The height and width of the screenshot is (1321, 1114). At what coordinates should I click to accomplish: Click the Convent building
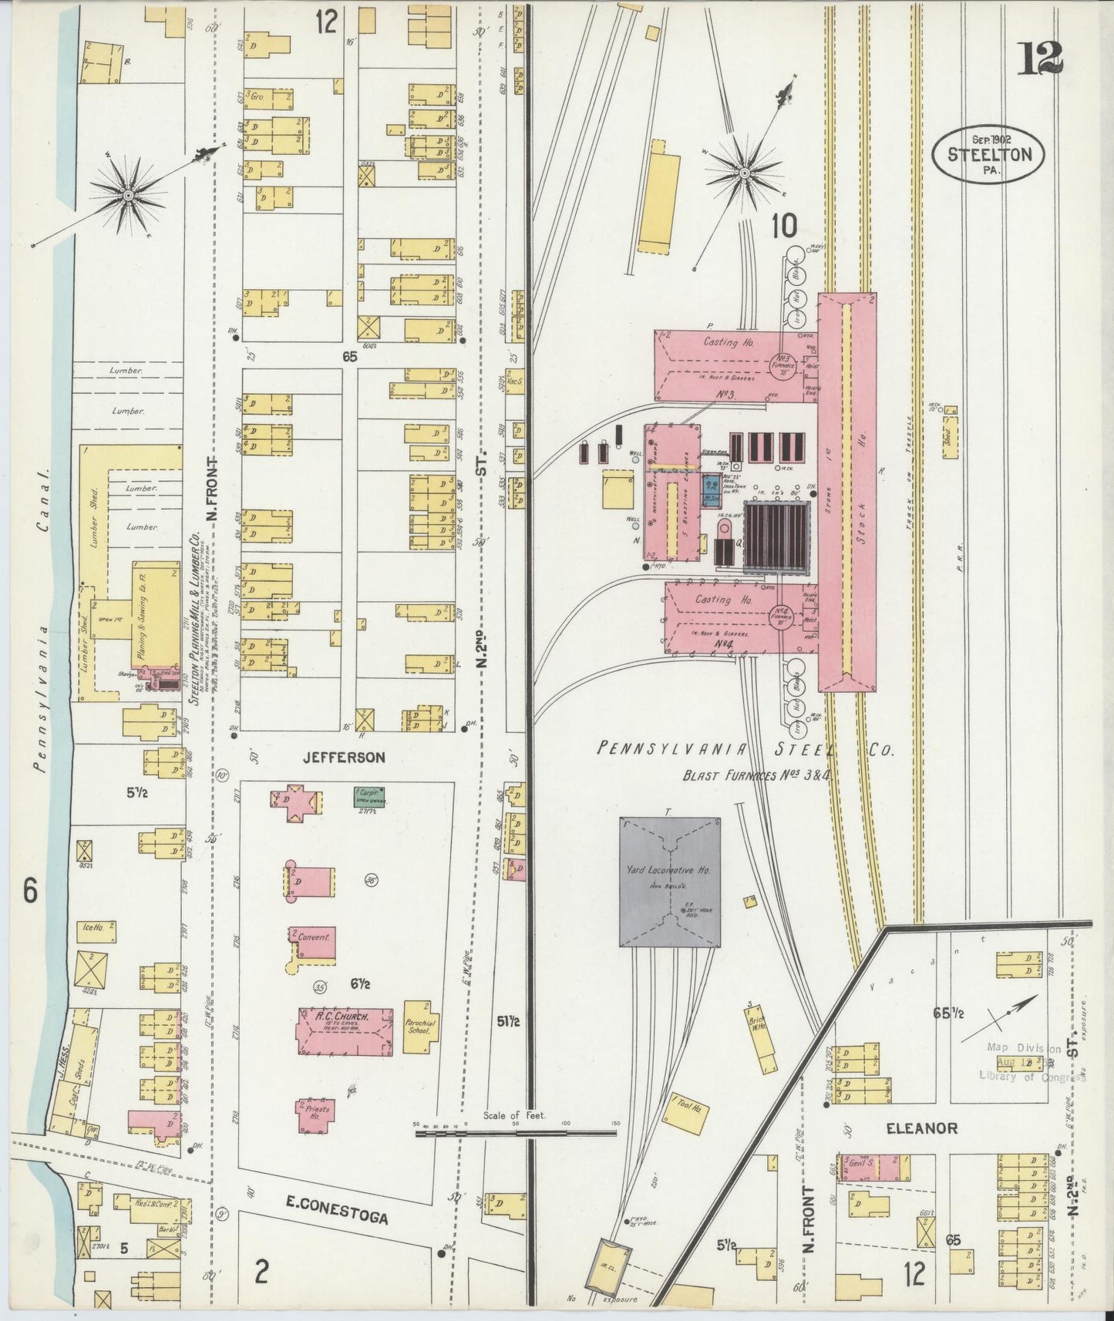click(x=312, y=943)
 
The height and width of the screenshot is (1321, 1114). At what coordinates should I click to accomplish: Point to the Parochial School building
click(x=421, y=1024)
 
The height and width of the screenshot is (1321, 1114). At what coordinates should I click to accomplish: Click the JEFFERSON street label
click(x=344, y=758)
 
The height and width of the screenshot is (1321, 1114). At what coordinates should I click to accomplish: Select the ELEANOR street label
click(x=921, y=1128)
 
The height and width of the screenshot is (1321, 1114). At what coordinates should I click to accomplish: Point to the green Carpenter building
click(x=369, y=796)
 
